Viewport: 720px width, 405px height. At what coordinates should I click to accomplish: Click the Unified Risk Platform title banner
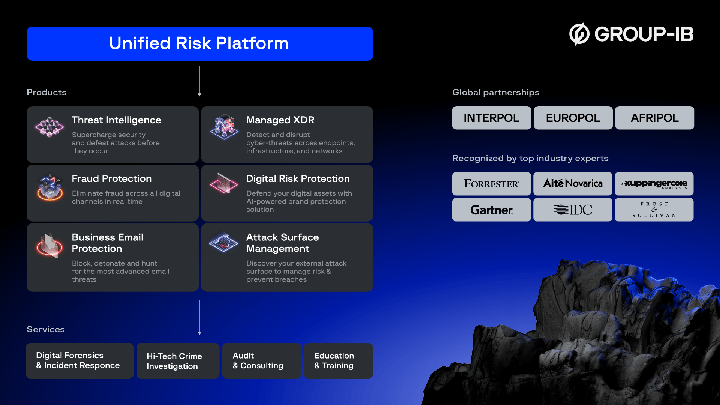[x=199, y=43]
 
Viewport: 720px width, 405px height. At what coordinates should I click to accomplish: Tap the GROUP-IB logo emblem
[x=579, y=34]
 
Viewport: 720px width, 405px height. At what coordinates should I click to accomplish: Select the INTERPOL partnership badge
[x=491, y=118]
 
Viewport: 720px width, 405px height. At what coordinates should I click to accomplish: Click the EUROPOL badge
[x=573, y=118]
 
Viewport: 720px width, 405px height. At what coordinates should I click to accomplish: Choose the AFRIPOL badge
[x=654, y=118]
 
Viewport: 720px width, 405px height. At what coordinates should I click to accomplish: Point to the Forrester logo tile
[x=491, y=184]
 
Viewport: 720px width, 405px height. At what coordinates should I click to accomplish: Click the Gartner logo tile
[x=491, y=210]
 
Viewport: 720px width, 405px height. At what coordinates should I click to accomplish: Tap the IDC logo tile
[x=573, y=210]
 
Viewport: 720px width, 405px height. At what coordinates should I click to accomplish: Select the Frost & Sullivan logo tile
[x=654, y=210]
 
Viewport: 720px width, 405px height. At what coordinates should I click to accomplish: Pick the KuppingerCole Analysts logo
[x=654, y=184]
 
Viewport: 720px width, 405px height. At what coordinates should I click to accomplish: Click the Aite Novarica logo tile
[x=573, y=184]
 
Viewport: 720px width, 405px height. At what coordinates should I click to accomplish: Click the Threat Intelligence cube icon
[x=49, y=127]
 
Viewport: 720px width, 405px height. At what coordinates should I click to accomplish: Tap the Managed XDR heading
[x=280, y=120]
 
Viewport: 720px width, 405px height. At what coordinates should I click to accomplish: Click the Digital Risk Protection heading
[x=298, y=179]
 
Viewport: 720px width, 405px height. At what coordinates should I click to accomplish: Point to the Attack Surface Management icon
[x=223, y=242]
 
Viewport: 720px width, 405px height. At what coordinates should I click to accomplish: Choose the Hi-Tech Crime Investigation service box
[x=178, y=361]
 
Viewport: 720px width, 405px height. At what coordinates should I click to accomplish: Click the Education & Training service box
[x=338, y=361]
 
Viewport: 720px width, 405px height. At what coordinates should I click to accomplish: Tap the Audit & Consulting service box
[x=261, y=361]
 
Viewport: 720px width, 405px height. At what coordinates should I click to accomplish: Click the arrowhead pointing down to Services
[x=199, y=333]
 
